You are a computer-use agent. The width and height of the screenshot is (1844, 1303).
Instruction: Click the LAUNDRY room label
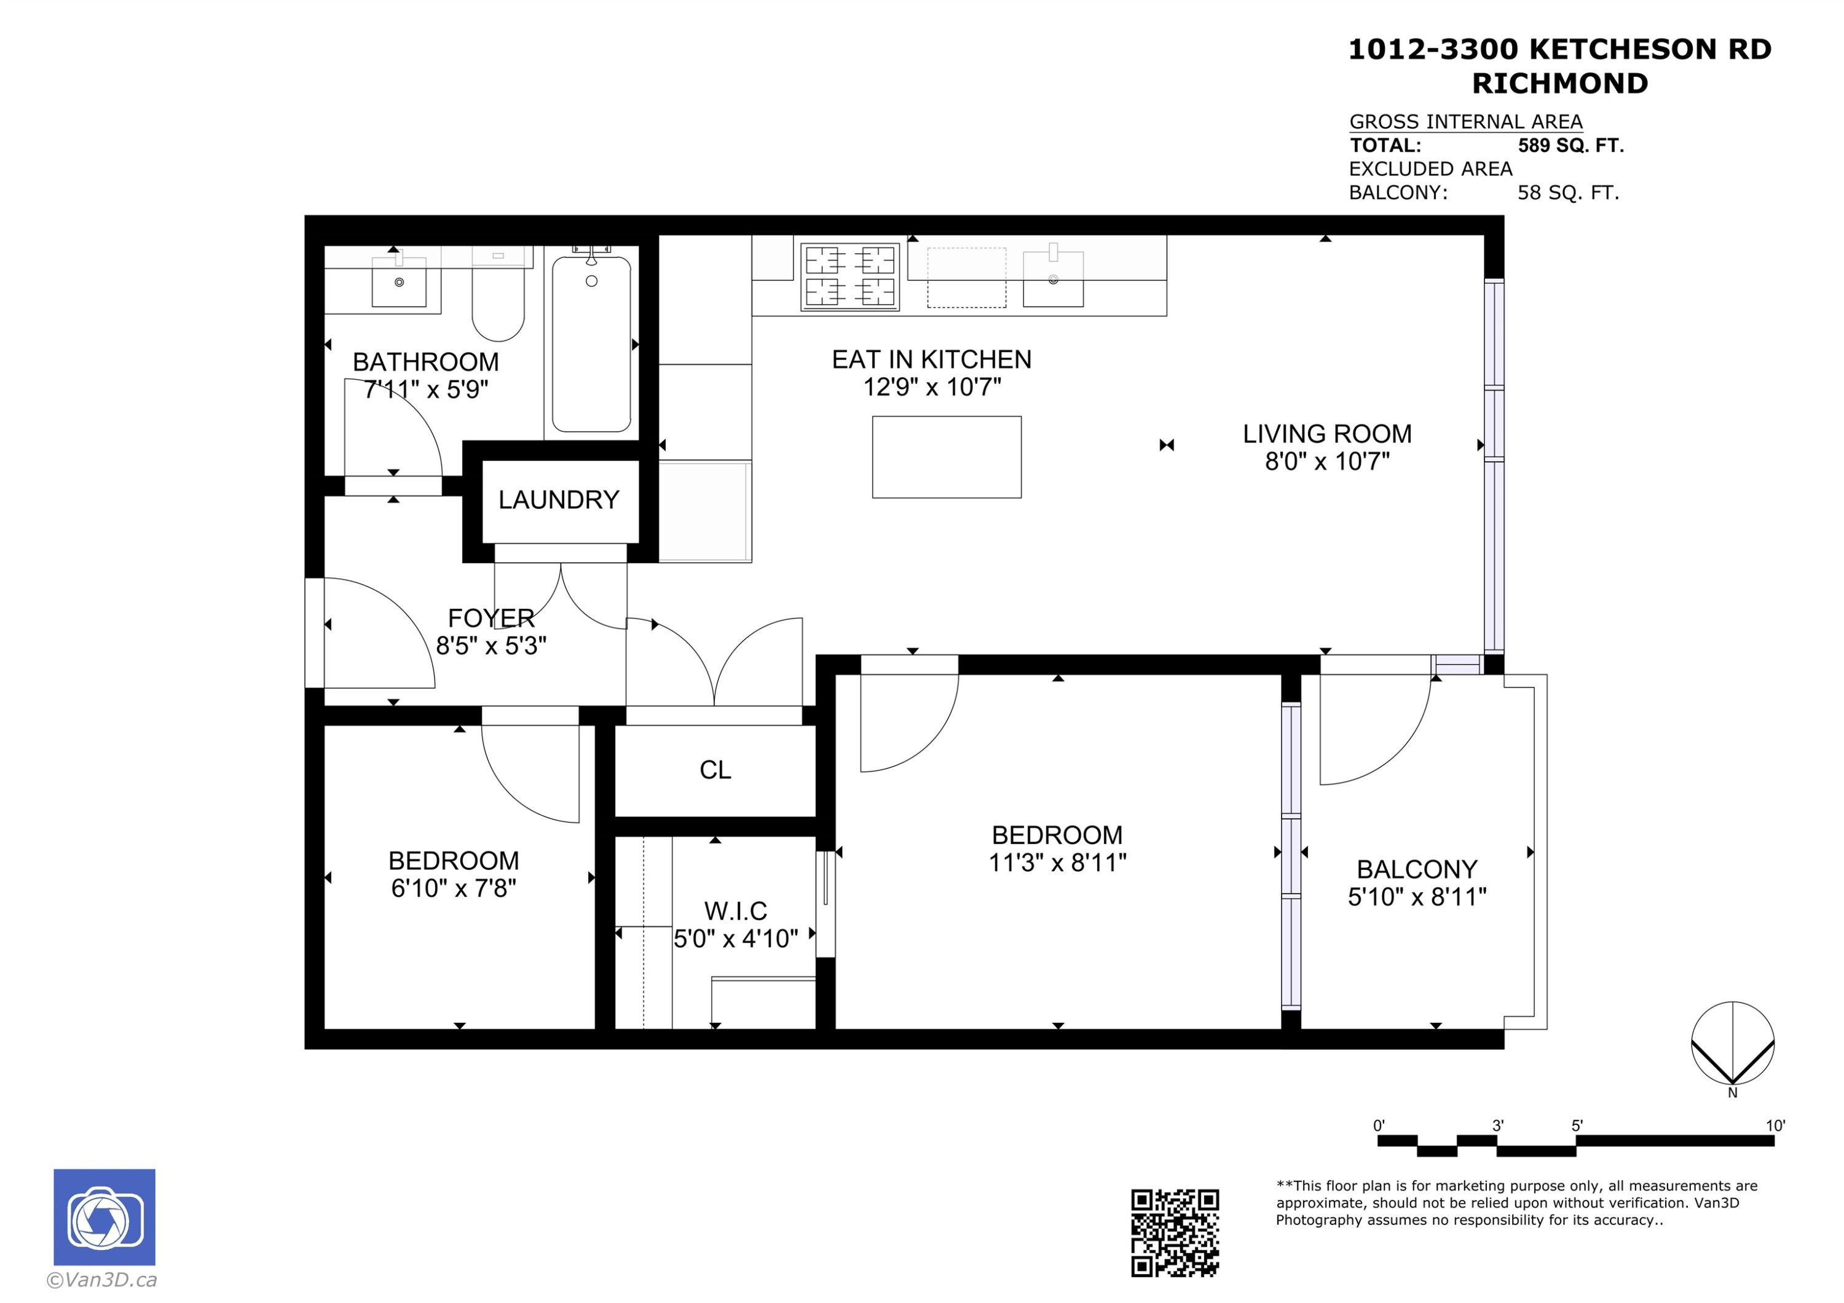[x=558, y=500]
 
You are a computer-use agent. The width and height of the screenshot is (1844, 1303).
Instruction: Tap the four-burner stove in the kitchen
[x=849, y=276]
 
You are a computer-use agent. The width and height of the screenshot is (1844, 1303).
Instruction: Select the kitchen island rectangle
[x=947, y=457]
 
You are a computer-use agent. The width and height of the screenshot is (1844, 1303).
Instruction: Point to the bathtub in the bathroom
[x=592, y=343]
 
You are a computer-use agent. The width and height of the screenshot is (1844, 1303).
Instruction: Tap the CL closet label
[x=715, y=770]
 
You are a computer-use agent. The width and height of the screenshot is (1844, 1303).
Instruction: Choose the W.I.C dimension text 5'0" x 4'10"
[x=736, y=939]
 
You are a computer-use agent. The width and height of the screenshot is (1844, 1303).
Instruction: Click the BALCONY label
[x=1417, y=869]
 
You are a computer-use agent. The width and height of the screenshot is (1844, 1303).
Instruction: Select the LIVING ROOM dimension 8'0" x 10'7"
[x=1327, y=461]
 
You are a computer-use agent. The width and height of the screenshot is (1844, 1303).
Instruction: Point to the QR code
[x=1175, y=1233]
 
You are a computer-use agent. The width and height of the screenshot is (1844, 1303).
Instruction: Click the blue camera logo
[x=104, y=1217]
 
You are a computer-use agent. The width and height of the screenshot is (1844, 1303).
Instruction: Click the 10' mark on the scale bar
[x=1775, y=1125]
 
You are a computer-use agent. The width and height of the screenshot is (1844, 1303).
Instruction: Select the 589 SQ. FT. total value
[x=1571, y=146]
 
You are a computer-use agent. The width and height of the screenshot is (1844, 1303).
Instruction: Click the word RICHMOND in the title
[x=1559, y=84]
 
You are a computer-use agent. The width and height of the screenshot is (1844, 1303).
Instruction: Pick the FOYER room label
[x=491, y=618]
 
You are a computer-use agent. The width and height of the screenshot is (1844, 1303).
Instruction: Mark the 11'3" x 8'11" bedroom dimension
[x=1057, y=863]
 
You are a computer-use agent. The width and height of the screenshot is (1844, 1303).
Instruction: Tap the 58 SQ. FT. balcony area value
[x=1568, y=193]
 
